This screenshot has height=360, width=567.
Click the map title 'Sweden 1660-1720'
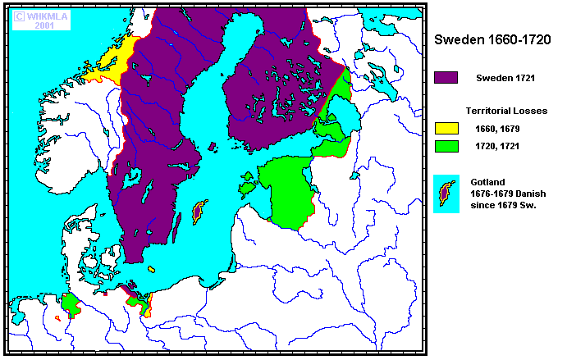[497, 39]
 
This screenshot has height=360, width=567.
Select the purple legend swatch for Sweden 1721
[446, 77]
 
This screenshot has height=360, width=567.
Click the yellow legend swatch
[446, 129]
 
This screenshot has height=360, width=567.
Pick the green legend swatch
[446, 147]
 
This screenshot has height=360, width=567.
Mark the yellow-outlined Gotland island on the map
[198, 212]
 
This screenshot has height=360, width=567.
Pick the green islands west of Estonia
[245, 188]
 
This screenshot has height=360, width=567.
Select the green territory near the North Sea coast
[72, 306]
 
